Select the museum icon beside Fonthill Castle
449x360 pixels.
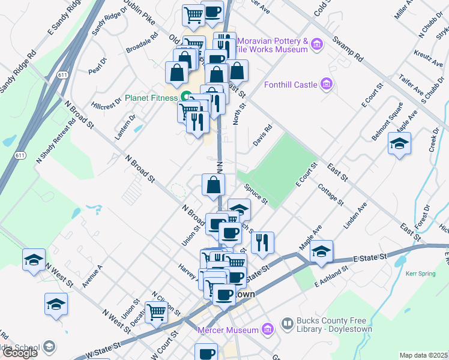click(x=327, y=84)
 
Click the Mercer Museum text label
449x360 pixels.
click(x=229, y=329)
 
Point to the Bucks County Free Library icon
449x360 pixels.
click(x=288, y=324)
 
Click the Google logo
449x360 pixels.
click(x=20, y=353)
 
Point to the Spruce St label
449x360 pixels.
click(x=256, y=193)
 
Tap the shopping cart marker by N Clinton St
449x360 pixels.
click(x=156, y=311)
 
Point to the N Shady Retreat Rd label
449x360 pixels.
click(x=56, y=141)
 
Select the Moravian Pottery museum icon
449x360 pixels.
click(x=318, y=43)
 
